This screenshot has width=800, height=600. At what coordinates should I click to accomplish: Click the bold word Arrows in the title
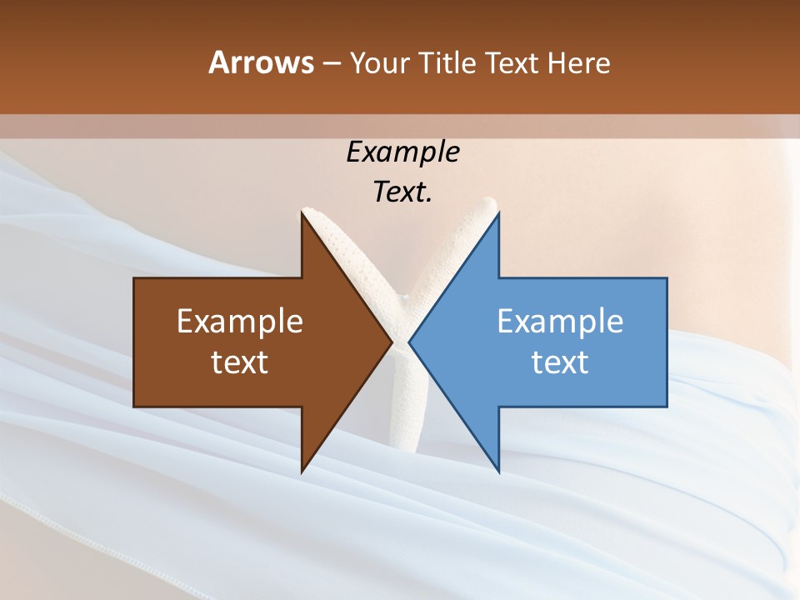pos(260,62)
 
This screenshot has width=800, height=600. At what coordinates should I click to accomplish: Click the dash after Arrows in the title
pos(332,63)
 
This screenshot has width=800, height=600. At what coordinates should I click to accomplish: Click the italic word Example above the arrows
pos(402,152)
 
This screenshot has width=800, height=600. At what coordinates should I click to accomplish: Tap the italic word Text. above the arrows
pos(402,192)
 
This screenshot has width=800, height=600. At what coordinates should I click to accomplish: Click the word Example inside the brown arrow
pos(240,321)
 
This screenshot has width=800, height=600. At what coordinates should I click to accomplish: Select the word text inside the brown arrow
pos(240,362)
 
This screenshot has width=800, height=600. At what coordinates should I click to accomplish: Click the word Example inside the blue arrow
pos(560,321)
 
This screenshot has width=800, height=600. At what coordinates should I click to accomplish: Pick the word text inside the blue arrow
pos(560,362)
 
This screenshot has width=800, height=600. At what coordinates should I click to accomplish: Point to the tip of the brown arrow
pos(392,342)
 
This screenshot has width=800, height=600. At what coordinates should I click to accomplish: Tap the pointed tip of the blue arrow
pos(409,342)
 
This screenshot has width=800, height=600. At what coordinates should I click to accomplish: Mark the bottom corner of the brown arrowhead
pos(302,472)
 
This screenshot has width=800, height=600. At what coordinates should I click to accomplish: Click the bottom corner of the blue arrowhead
pos(498,472)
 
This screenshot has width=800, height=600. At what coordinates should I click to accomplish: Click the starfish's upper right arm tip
pos(489,202)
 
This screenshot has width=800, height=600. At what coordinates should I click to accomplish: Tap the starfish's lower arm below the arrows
pos(409,417)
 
